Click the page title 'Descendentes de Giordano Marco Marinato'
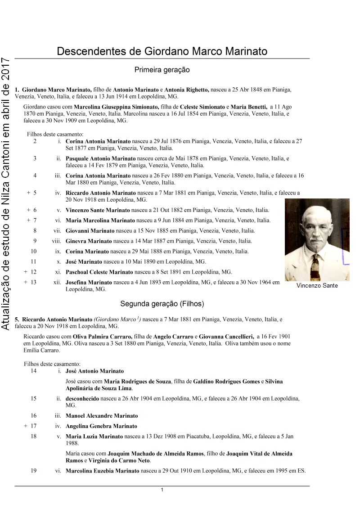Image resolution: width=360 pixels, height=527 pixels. point(162,51)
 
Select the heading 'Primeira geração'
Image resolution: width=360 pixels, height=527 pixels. point(162,70)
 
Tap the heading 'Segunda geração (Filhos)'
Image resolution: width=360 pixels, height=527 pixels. point(162,304)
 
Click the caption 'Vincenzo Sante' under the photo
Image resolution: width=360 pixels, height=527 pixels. point(317,285)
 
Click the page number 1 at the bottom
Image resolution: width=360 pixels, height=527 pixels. point(162,490)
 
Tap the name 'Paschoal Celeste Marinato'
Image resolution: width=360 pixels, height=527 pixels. point(99,272)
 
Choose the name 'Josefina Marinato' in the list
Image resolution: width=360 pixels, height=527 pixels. point(89,283)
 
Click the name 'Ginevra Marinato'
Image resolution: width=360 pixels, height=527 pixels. point(89,241)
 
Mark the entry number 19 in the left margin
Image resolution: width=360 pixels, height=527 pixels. point(34,471)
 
